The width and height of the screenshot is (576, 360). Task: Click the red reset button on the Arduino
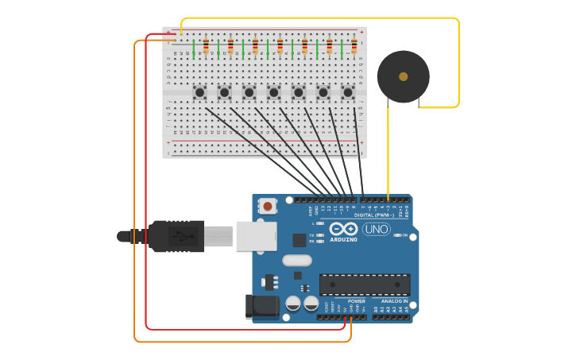(268, 207)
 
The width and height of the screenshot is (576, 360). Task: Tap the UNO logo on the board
(376, 229)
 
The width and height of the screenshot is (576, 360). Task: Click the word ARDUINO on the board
(343, 239)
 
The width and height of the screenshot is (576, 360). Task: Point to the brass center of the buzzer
(404, 76)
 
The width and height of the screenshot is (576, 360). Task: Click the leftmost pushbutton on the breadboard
(199, 92)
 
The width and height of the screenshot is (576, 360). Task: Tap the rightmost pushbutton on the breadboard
(347, 92)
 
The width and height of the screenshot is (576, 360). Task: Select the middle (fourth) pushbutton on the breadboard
(273, 92)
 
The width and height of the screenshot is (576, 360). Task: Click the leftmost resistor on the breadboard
(206, 46)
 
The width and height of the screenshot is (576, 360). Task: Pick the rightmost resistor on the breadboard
(354, 46)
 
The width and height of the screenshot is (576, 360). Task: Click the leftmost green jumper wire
(194, 49)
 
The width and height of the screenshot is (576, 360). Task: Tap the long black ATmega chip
(365, 285)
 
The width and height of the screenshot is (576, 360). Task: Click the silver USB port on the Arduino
(256, 236)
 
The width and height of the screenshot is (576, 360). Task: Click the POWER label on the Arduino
(356, 301)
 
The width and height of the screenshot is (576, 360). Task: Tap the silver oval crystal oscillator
(296, 260)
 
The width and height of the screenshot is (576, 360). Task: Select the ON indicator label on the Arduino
(404, 235)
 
